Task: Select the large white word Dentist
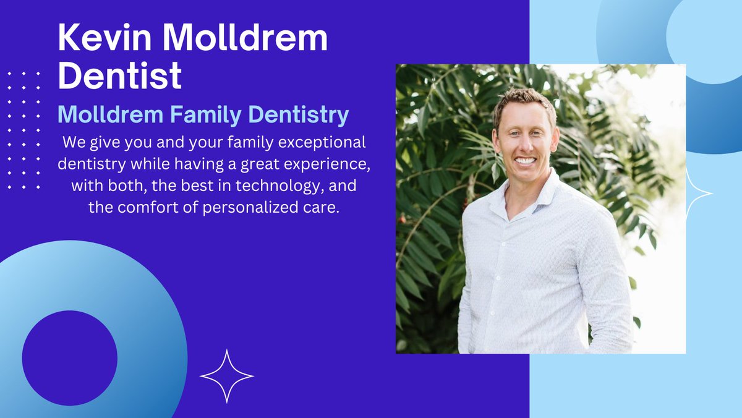tap(120, 76)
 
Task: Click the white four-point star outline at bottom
tap(227, 376)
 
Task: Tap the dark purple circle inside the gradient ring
tap(69, 358)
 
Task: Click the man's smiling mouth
tap(526, 161)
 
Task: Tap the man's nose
tap(525, 145)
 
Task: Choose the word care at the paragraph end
tap(324, 207)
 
